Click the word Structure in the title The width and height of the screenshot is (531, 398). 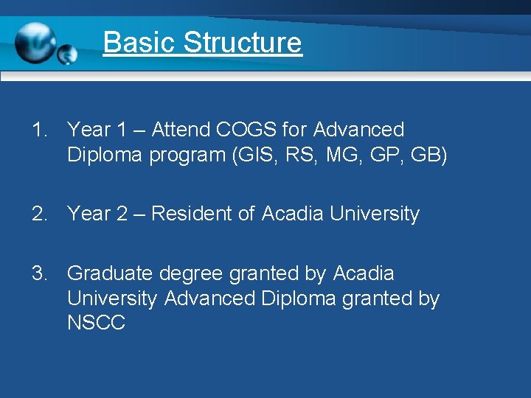pyautogui.click(x=243, y=43)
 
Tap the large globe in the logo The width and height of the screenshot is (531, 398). pyautogui.click(x=35, y=41)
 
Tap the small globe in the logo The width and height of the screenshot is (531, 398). pyautogui.click(x=67, y=54)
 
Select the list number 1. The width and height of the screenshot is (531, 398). pyautogui.click(x=38, y=130)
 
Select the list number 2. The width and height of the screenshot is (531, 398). pyautogui.click(x=38, y=214)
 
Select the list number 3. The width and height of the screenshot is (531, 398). pyautogui.click(x=38, y=273)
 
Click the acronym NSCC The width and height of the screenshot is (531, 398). pyautogui.click(x=96, y=323)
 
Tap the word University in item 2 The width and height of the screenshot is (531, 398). pyautogui.click(x=375, y=214)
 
